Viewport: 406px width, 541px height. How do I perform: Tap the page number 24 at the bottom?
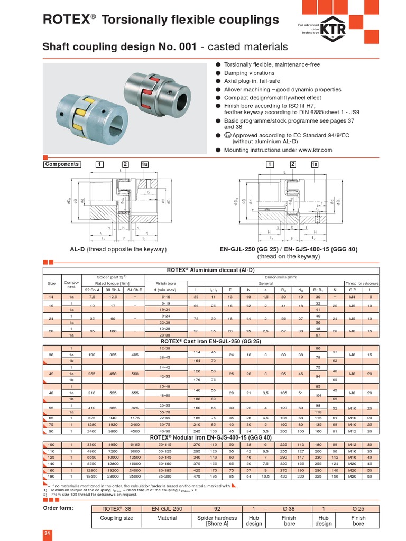click(x=47, y=534)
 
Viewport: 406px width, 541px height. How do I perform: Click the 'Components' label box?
click(x=62, y=164)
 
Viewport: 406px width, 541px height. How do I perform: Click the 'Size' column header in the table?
click(x=51, y=283)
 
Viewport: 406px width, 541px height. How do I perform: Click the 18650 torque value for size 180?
click(x=92, y=477)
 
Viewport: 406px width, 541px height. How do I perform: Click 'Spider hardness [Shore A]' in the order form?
click(x=217, y=520)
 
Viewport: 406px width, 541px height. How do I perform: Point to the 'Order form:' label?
click(x=58, y=508)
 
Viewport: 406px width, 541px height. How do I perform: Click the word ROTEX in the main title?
click(x=65, y=20)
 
